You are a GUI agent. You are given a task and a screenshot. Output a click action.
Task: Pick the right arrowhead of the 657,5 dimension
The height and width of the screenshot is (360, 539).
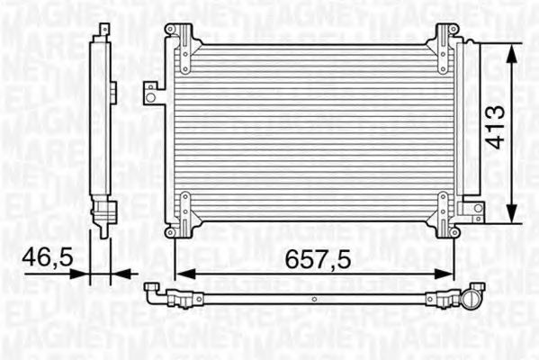(450, 273)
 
